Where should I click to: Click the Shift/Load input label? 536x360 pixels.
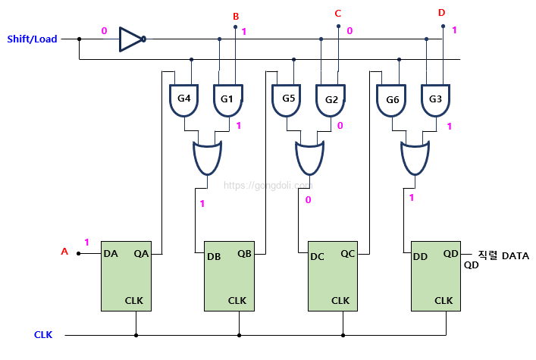coord(32,39)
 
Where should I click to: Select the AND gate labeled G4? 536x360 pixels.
coord(183,100)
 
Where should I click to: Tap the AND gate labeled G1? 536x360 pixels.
coord(227,100)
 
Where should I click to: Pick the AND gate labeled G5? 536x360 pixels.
coord(287,100)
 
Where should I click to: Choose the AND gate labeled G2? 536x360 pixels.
coord(331,100)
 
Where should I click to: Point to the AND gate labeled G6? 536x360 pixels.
coord(392,100)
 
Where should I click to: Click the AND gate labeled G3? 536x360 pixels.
coord(436,100)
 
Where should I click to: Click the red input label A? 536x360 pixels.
coord(64,252)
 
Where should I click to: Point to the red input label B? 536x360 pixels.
coord(236,17)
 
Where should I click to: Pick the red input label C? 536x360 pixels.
coord(338,14)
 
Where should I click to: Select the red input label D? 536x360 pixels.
coord(441,13)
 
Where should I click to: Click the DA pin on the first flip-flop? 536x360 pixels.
coord(111,254)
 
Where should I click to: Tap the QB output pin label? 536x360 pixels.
coord(245,255)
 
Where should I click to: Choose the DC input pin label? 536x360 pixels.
coord(317,256)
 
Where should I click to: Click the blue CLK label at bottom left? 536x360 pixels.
coord(43,334)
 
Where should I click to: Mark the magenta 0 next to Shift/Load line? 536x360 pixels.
coord(104,31)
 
